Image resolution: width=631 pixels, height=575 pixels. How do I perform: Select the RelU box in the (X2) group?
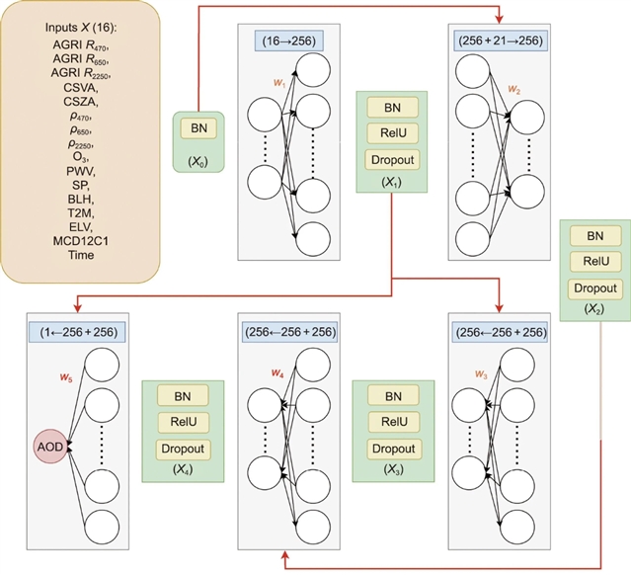click(595, 263)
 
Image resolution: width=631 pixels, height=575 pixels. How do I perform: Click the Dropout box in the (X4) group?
click(183, 449)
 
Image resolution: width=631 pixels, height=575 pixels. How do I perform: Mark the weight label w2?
click(513, 89)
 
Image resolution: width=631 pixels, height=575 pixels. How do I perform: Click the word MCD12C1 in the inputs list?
click(74, 240)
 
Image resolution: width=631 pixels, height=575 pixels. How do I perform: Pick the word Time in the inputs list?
click(74, 255)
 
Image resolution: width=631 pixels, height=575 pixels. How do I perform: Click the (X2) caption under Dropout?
click(594, 308)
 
